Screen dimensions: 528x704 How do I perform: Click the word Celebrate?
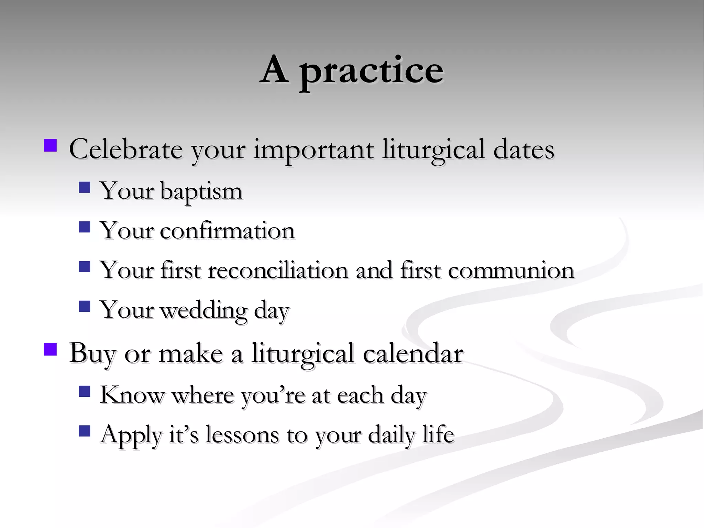[125, 150]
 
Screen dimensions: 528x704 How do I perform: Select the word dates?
[524, 150]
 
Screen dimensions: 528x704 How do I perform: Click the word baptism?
[201, 191]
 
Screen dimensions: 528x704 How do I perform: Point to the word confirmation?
[227, 231]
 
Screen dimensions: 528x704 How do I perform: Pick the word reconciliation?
[278, 270]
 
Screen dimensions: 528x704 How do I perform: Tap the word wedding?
[203, 310]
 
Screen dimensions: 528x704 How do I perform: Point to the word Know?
[132, 395]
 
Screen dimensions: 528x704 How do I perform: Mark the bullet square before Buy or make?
[50, 349]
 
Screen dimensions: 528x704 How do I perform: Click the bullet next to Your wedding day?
[84, 306]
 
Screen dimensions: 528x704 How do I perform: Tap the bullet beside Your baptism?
[84, 187]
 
